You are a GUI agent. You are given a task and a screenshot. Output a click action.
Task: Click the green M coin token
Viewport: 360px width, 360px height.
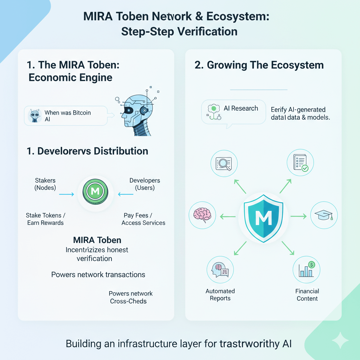point(95,192)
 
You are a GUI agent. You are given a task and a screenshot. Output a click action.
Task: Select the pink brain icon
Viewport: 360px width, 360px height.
point(202,215)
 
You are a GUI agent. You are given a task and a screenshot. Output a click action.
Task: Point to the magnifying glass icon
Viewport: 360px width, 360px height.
point(224,162)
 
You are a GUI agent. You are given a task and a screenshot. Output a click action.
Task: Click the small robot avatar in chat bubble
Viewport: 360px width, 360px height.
point(34,115)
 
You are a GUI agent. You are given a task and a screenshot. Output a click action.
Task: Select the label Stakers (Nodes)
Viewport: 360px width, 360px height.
point(45,184)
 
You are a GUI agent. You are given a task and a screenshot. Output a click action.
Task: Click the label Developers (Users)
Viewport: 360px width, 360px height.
point(145,184)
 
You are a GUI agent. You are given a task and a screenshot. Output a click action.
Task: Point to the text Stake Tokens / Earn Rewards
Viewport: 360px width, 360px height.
point(45,219)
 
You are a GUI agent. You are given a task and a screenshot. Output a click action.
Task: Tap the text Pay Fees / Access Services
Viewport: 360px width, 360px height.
point(143,219)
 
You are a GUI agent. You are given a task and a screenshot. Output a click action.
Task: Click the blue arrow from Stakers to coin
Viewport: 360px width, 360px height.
point(66,194)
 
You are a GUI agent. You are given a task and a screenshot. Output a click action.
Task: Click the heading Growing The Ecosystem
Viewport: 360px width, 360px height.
point(259,65)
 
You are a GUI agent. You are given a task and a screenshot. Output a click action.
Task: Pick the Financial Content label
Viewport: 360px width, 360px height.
point(307,295)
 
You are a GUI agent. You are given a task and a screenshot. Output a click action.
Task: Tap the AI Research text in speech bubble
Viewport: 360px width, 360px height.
point(241,108)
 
